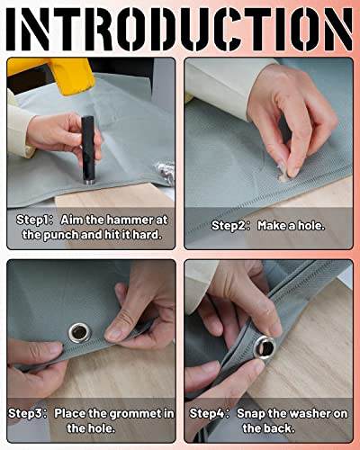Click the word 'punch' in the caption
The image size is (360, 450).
[x=62, y=235]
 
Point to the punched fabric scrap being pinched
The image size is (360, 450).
[x=283, y=176]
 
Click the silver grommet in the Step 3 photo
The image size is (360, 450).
[x=79, y=333]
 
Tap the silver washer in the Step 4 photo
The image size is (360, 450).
[x=265, y=347]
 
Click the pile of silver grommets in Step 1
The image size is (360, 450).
[x=166, y=173]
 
